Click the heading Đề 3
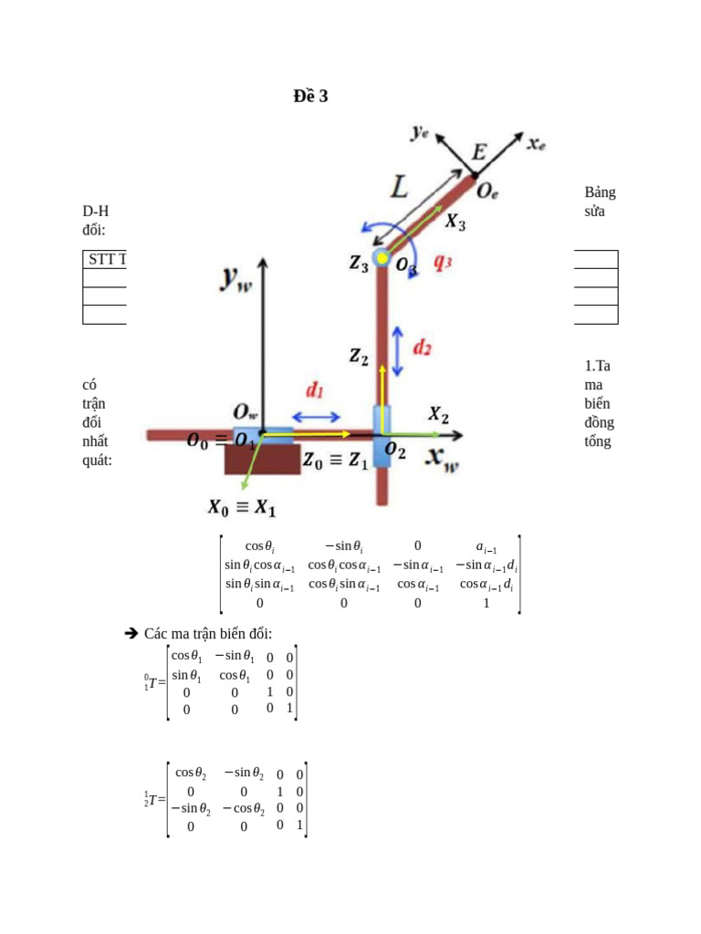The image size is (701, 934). pyautogui.click(x=310, y=96)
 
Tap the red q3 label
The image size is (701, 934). pyautogui.click(x=443, y=262)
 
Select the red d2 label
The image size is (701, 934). pyautogui.click(x=422, y=348)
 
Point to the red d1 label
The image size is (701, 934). pyautogui.click(x=315, y=390)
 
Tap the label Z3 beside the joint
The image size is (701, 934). pyautogui.click(x=359, y=263)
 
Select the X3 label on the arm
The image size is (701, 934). pyautogui.click(x=455, y=221)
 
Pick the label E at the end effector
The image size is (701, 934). pyautogui.click(x=478, y=151)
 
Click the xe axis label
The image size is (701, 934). pyautogui.click(x=536, y=142)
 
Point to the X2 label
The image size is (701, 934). pyautogui.click(x=439, y=415)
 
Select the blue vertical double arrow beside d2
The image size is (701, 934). pyautogui.click(x=398, y=351)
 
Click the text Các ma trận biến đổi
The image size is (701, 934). pyautogui.click(x=208, y=634)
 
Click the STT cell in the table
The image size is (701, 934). pyautogui.click(x=102, y=259)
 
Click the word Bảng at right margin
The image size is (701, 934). pyautogui.click(x=600, y=192)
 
